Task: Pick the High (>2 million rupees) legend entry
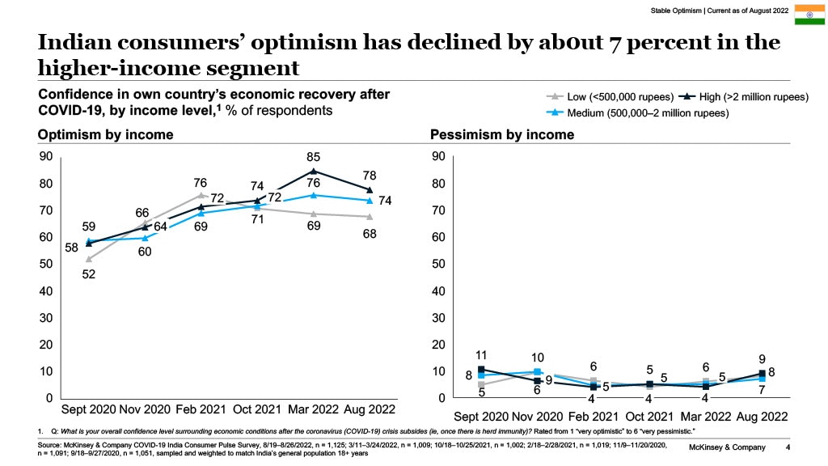pyautogui.click(x=743, y=97)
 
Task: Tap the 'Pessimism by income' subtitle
pyautogui.click(x=502, y=134)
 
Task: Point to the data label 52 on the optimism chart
pyautogui.click(x=89, y=274)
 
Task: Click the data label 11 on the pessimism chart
pyautogui.click(x=480, y=355)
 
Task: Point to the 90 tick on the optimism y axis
pyautogui.click(x=46, y=156)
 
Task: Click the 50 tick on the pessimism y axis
pyautogui.click(x=438, y=264)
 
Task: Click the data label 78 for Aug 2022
pyautogui.click(x=370, y=175)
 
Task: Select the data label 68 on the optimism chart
pyautogui.click(x=370, y=233)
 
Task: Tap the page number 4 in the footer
pyautogui.click(x=788, y=447)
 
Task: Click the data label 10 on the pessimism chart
pyautogui.click(x=537, y=358)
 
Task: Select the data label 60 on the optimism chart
pyautogui.click(x=145, y=252)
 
